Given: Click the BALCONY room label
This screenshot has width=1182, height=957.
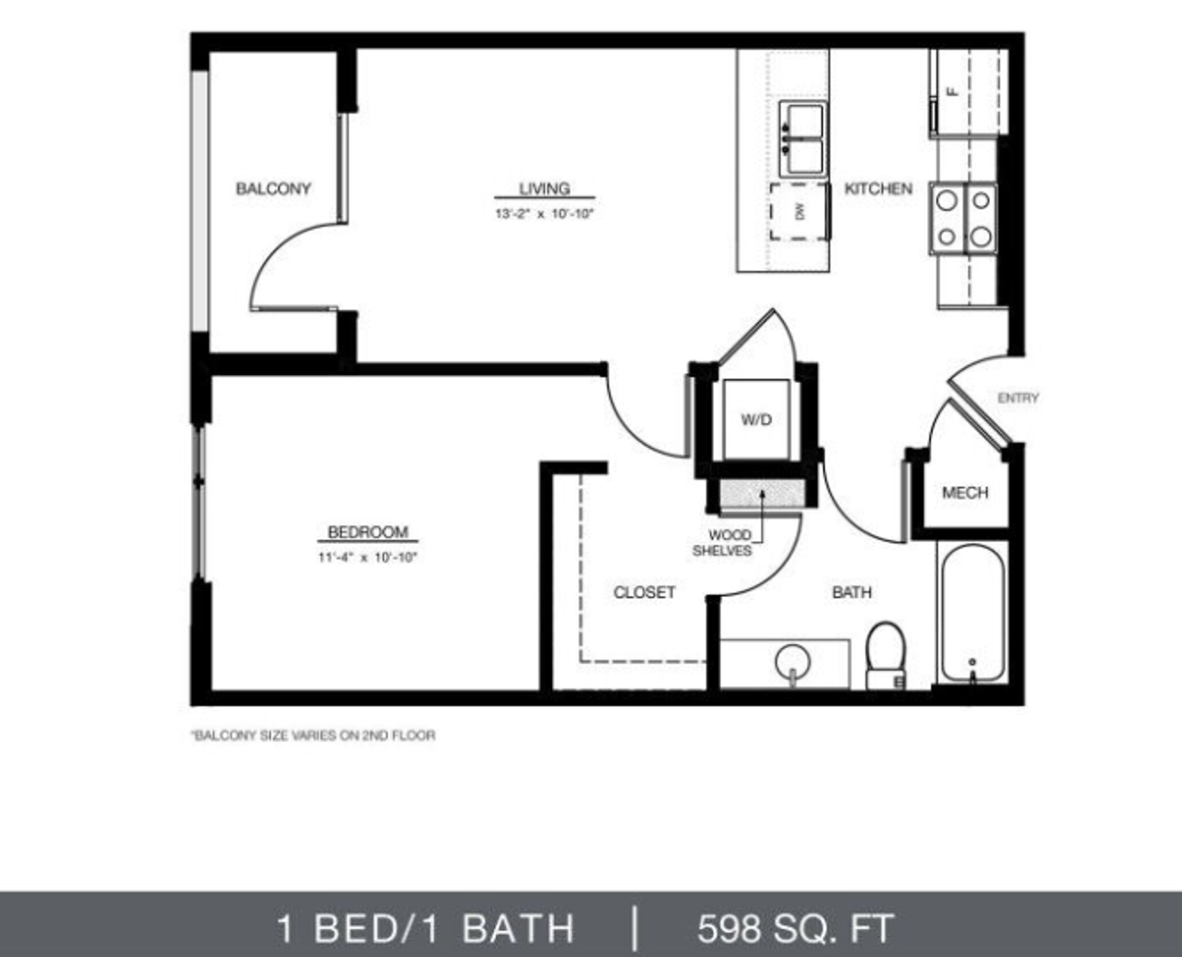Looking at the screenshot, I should pos(273,188).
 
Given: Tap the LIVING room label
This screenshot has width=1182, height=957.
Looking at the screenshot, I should pos(544,188).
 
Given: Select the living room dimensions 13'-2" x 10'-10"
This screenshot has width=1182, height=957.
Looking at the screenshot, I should pos(544,214).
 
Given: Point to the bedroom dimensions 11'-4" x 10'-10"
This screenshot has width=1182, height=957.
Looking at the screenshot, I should pos(368,558).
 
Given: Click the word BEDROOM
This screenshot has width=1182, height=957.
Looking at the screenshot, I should pos(368,532).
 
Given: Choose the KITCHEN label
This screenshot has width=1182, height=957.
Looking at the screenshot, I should pos(878,188).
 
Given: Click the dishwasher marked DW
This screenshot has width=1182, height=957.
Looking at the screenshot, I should pos(799,212).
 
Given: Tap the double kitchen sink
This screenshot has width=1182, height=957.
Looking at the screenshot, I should pos(802,140).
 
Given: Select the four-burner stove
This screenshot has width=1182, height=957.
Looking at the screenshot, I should pos(963,218).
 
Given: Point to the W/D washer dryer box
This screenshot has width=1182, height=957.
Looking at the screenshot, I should pos(756,420).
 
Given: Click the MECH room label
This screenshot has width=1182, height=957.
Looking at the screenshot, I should pos(965,492).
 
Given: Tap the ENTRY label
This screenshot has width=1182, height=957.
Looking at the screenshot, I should pos(1018,398).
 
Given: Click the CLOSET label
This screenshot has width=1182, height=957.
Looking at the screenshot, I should pos(644,592).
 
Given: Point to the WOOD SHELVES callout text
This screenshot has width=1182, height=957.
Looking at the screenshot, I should pos(722,543).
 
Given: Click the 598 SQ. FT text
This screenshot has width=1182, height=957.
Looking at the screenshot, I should pos(795,928).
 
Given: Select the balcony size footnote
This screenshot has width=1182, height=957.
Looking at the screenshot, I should pos(314,735).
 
